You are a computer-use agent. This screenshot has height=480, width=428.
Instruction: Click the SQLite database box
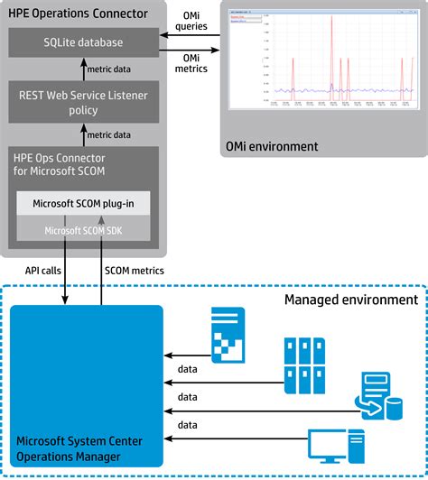pyautogui.click(x=84, y=42)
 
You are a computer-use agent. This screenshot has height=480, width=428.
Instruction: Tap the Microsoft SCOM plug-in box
pyautogui.click(x=84, y=203)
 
